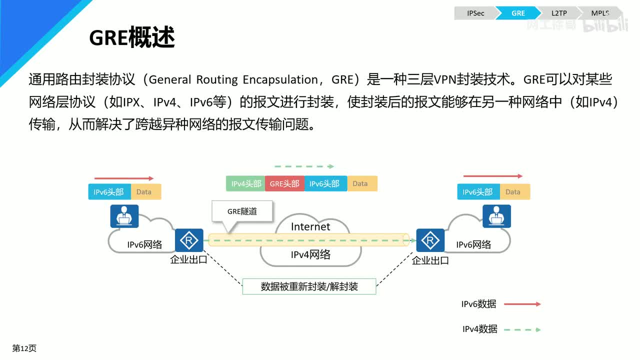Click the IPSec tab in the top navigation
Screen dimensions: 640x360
pyautogui.click(x=475, y=13)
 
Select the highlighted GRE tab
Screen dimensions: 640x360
pyautogui.click(x=518, y=13)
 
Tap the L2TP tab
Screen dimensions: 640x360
pyautogui.click(x=559, y=13)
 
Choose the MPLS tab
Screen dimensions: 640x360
pyautogui.click(x=600, y=13)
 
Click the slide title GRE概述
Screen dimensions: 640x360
pyautogui.click(x=131, y=37)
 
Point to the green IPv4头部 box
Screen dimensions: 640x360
pyautogui.click(x=245, y=183)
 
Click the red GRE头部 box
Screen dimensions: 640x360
pyautogui.click(x=284, y=183)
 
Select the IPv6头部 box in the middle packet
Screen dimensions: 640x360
pyautogui.click(x=325, y=183)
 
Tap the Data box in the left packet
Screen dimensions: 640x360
pyautogui.click(x=146, y=191)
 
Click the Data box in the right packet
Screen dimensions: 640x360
pyautogui.click(x=515, y=191)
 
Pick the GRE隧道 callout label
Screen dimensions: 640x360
pyautogui.click(x=242, y=211)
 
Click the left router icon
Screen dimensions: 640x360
pyautogui.click(x=189, y=240)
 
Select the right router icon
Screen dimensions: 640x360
pyautogui.click(x=430, y=240)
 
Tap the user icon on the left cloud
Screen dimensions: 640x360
pyautogui.click(x=124, y=216)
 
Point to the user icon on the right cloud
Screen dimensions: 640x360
pyautogui.click(x=496, y=216)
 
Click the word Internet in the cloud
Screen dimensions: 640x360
pyautogui.click(x=310, y=226)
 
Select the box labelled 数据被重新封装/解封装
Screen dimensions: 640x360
pyautogui.click(x=309, y=286)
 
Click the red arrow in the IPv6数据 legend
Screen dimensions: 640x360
pyautogui.click(x=522, y=304)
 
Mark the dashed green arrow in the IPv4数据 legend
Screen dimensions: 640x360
pyautogui.click(x=522, y=329)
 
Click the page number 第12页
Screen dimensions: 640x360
pyautogui.click(x=24, y=348)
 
